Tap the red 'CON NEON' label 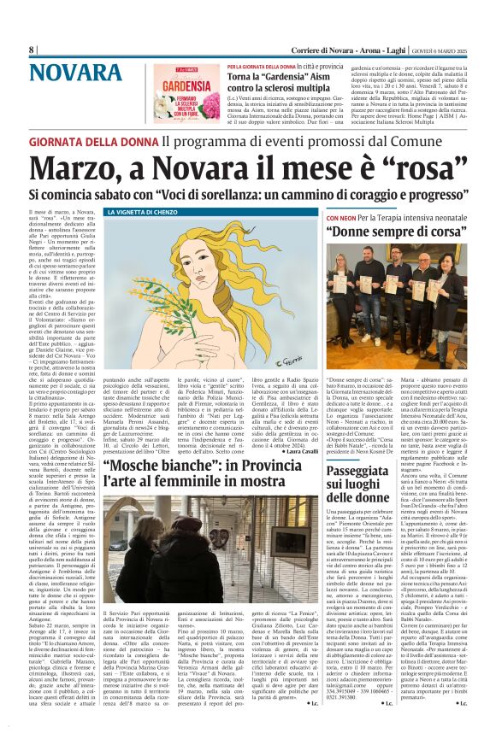(x=342, y=219)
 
